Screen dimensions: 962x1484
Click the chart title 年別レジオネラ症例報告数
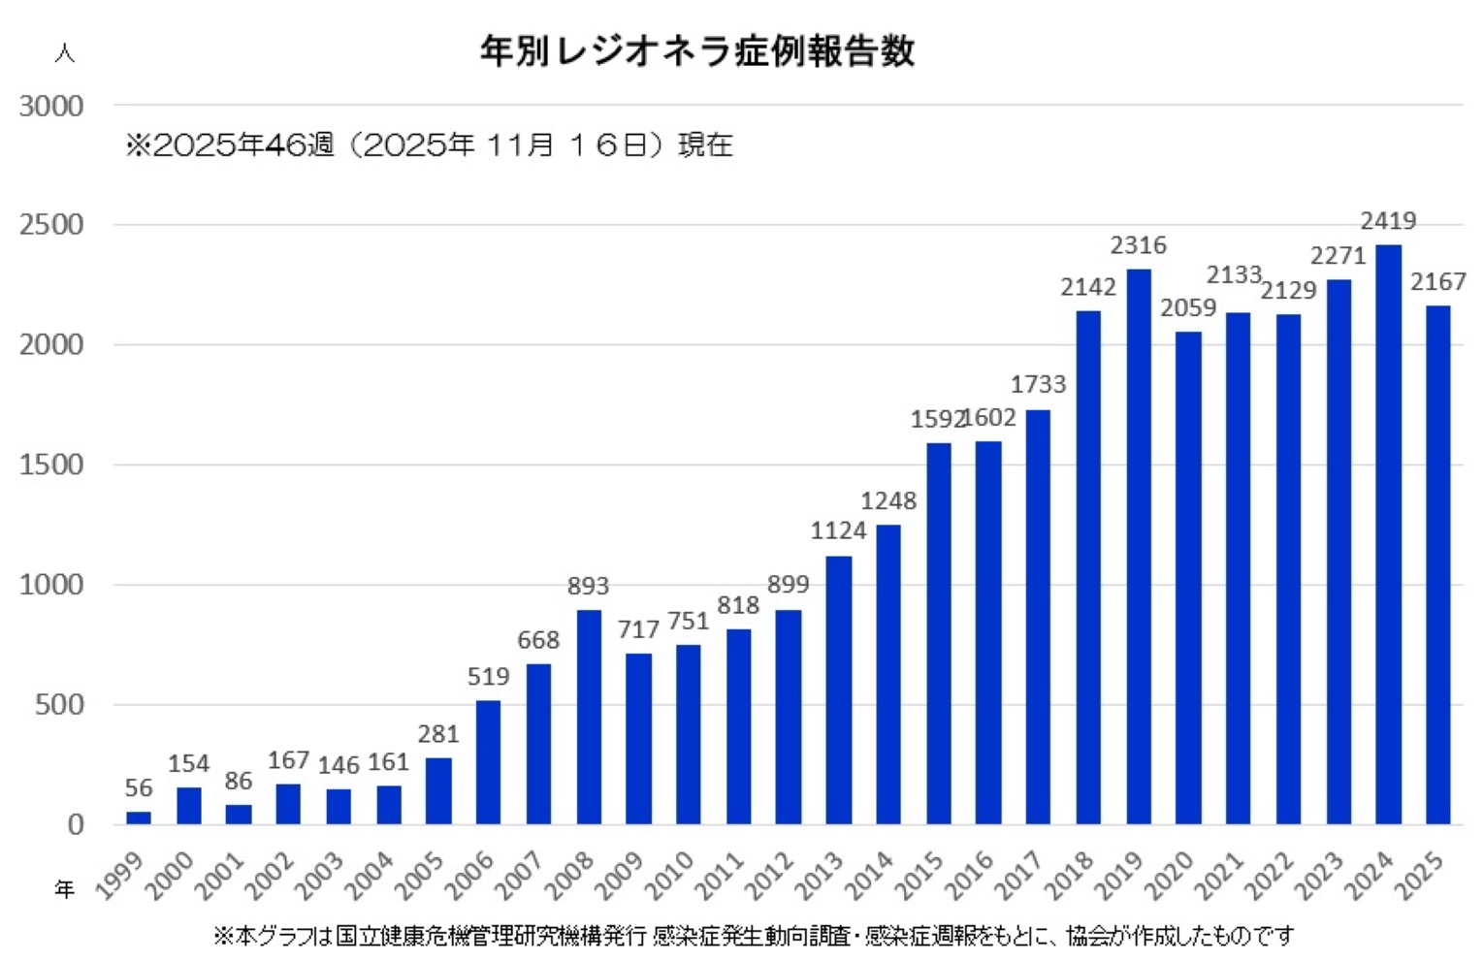pos(697,50)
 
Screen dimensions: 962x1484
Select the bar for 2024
pos(1388,534)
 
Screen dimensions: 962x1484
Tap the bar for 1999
pos(139,818)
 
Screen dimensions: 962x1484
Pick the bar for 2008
pos(589,717)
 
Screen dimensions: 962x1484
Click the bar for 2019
pos(1139,547)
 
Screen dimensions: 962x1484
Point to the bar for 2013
pos(838,689)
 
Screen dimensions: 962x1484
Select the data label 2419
pos(1388,221)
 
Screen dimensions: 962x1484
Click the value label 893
pos(588,586)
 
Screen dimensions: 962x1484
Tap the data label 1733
pos(1038,384)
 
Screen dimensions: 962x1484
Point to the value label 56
pos(139,787)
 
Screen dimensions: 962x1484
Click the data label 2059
pos(1188,308)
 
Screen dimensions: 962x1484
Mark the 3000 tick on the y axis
pos(51,106)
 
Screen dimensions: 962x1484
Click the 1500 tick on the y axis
pos(51,465)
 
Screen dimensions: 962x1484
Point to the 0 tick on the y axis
pos(76,824)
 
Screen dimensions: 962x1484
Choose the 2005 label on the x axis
pos(422,875)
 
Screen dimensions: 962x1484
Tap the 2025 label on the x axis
pos(1420,875)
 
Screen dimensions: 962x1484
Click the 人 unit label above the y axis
pos(64,52)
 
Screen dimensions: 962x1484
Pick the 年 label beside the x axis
pos(64,888)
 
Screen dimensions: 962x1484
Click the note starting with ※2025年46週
pos(429,145)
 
